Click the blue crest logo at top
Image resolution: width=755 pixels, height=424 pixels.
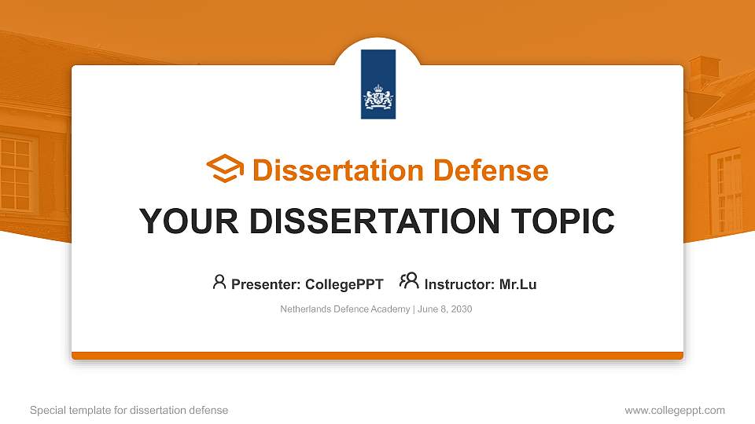(x=378, y=85)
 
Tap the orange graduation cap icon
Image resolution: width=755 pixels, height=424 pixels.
(x=225, y=170)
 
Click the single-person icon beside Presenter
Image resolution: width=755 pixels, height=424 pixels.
(x=219, y=282)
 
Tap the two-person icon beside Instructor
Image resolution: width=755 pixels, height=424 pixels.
(x=409, y=282)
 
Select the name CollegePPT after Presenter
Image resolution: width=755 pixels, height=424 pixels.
(x=344, y=284)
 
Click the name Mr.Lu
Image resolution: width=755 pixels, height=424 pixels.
(x=517, y=284)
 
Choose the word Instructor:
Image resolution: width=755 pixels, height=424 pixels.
(x=459, y=284)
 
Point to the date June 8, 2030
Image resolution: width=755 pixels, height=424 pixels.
(x=445, y=309)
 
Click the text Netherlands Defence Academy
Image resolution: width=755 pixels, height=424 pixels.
(x=344, y=309)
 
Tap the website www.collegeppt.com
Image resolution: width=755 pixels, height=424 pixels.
(x=675, y=411)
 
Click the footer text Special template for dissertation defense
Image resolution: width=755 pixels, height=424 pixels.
(x=129, y=411)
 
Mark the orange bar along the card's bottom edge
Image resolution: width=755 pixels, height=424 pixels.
(x=377, y=356)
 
